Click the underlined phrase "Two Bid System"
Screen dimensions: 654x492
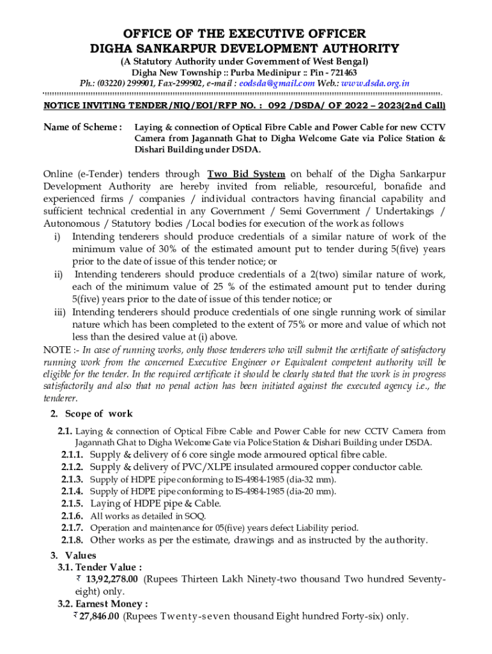(246, 174)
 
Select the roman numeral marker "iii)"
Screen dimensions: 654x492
(61, 313)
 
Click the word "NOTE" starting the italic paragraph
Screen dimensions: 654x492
(56, 349)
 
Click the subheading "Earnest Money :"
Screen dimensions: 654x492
(111, 604)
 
